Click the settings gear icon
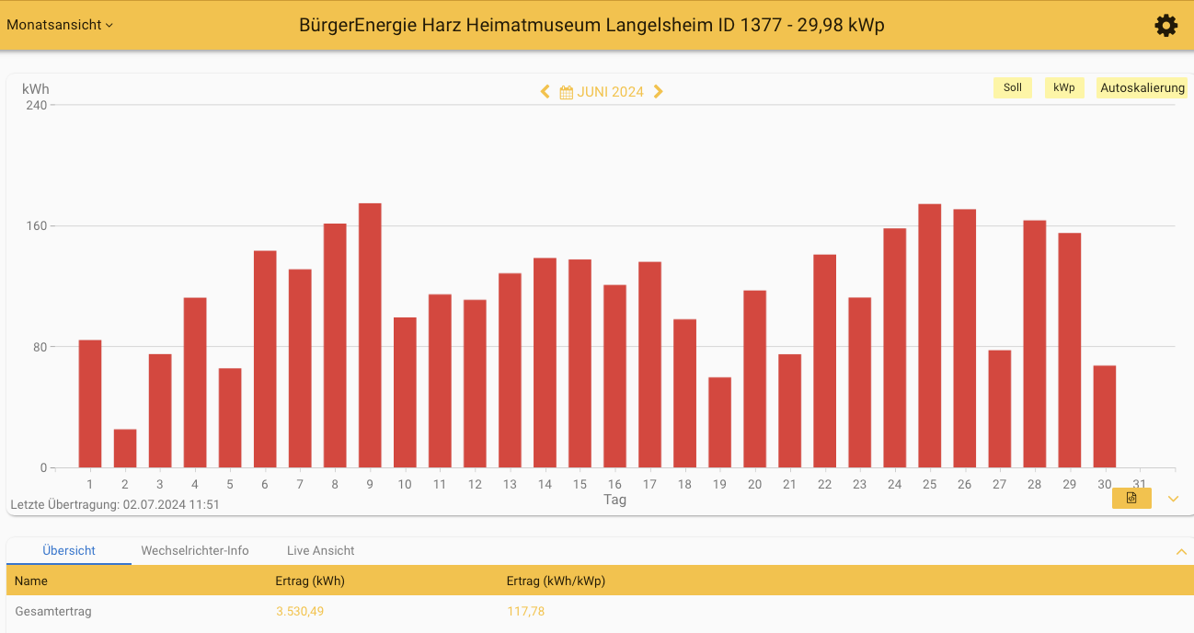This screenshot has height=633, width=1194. [x=1165, y=26]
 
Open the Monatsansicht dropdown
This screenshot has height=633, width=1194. [x=60, y=25]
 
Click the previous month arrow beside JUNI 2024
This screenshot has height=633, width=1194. [x=545, y=92]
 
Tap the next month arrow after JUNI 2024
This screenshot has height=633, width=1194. [x=659, y=92]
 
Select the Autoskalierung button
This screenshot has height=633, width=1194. [x=1142, y=88]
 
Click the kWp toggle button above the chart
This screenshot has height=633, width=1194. [x=1064, y=88]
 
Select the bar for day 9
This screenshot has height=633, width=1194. [x=370, y=335]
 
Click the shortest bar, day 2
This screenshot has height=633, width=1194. [x=125, y=448]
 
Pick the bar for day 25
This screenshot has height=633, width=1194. [x=929, y=336]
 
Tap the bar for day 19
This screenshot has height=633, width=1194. [x=719, y=422]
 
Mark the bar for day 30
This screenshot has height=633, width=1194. [x=1104, y=416]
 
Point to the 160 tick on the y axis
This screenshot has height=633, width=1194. [x=36, y=226]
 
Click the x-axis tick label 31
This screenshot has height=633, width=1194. [x=1140, y=485]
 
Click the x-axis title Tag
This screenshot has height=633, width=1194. [x=614, y=500]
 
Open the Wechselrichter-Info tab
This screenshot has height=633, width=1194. [x=195, y=550]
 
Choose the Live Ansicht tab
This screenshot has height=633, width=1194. [x=320, y=550]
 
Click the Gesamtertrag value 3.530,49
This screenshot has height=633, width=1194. [x=300, y=611]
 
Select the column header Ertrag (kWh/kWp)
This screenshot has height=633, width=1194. [x=556, y=581]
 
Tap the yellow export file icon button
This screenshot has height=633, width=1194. [x=1131, y=498]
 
